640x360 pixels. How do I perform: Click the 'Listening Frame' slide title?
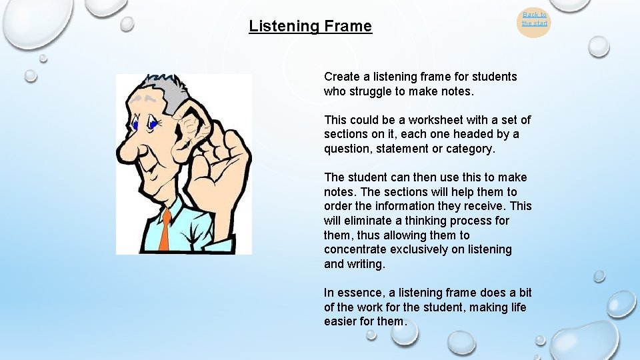[310, 26]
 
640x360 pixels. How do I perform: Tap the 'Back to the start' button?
[535, 19]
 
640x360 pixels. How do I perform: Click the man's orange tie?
[165, 231]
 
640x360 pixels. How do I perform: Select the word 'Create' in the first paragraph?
[341, 77]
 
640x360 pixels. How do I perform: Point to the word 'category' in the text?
[470, 149]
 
